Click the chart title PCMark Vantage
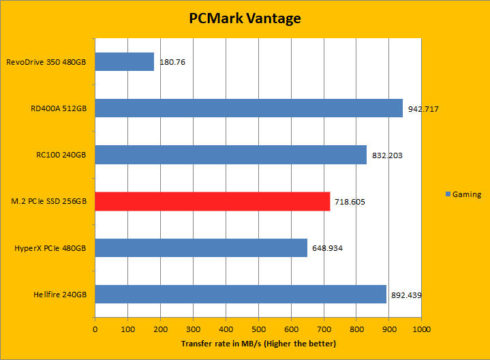pyautogui.click(x=245, y=18)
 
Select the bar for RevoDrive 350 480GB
pyautogui.click(x=124, y=62)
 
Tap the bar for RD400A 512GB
pyautogui.click(x=249, y=108)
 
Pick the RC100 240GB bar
pyautogui.click(x=230, y=155)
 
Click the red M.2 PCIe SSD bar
pyautogui.click(x=212, y=201)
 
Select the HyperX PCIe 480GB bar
pyautogui.click(x=201, y=247)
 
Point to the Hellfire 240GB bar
pyautogui.click(x=241, y=294)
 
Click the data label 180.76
pyautogui.click(x=172, y=62)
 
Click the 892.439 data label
pyautogui.click(x=406, y=295)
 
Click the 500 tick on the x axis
pyautogui.click(x=258, y=329)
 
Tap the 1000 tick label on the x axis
pyautogui.click(x=421, y=329)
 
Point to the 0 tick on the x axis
pyautogui.click(x=95, y=329)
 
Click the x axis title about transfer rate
pyautogui.click(x=258, y=344)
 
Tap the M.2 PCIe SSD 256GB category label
pyautogui.click(x=50, y=201)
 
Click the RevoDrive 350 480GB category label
pyautogui.click(x=46, y=62)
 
